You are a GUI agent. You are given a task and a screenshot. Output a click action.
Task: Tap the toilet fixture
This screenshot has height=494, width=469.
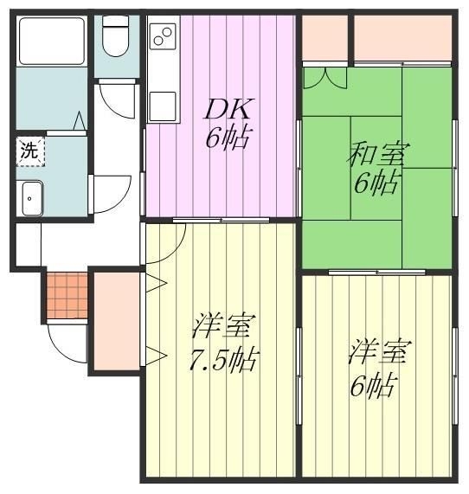click(113, 36)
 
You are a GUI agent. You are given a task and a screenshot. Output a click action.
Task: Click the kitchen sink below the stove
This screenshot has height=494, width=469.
click(162, 104)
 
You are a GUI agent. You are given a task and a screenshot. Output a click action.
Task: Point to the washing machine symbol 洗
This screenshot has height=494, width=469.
click(29, 150)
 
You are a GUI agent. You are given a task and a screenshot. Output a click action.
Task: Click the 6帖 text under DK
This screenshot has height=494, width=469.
click(224, 138)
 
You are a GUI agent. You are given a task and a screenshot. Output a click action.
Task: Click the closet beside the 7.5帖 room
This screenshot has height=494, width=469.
click(115, 320)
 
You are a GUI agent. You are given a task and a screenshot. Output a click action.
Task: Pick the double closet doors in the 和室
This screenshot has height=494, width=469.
click(325, 78)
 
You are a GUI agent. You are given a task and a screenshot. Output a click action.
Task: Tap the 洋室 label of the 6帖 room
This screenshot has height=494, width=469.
click(379, 353)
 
